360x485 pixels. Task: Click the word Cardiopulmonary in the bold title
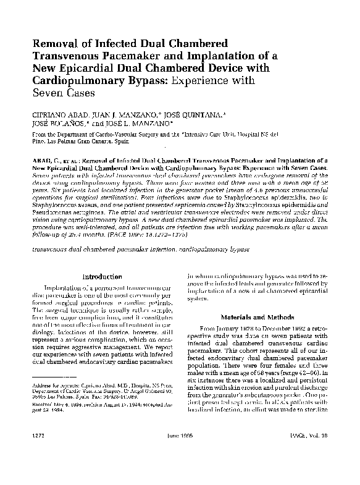point(78,79)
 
